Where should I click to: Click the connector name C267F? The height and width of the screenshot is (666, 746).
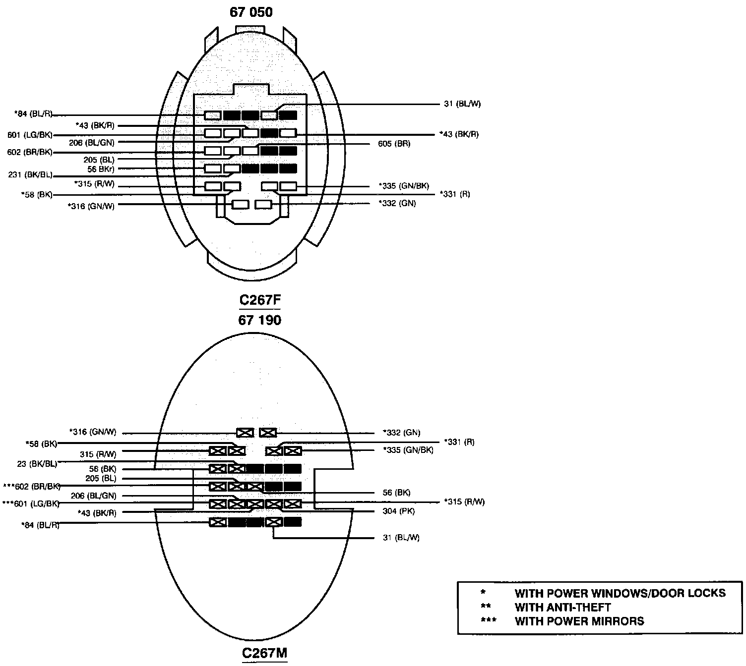click(256, 300)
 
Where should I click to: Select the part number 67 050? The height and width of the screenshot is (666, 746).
click(251, 12)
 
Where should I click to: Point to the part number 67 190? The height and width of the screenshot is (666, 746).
click(259, 320)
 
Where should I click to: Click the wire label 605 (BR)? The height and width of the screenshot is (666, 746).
click(394, 144)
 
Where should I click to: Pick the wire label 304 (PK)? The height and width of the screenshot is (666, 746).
click(399, 511)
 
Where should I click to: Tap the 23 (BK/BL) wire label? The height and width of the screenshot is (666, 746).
click(37, 464)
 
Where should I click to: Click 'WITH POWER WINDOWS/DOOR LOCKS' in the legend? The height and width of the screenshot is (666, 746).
click(620, 593)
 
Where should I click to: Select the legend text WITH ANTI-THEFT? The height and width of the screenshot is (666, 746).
click(562, 607)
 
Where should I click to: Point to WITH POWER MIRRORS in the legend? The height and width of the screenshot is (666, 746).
click(579, 621)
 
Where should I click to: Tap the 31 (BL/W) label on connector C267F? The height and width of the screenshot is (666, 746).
click(462, 104)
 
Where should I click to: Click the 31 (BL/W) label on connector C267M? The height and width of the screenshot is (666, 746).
click(401, 538)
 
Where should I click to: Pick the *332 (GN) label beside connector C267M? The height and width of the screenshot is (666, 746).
click(401, 433)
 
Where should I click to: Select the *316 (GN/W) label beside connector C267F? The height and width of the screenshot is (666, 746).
click(91, 206)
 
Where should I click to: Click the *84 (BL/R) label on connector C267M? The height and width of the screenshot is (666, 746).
click(40, 525)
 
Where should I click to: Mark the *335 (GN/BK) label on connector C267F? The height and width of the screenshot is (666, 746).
click(404, 186)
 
